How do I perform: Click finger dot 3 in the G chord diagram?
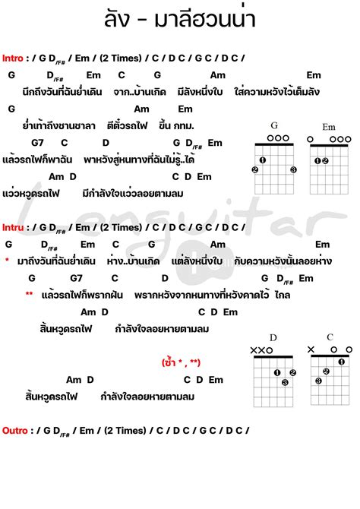tap(293, 169)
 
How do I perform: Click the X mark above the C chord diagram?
tap(312, 349)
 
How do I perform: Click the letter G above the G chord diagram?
tap(274, 126)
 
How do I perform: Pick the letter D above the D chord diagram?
tap(273, 337)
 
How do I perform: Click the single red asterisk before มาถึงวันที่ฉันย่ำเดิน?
tap(7, 261)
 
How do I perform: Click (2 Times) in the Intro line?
tap(124, 57)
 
